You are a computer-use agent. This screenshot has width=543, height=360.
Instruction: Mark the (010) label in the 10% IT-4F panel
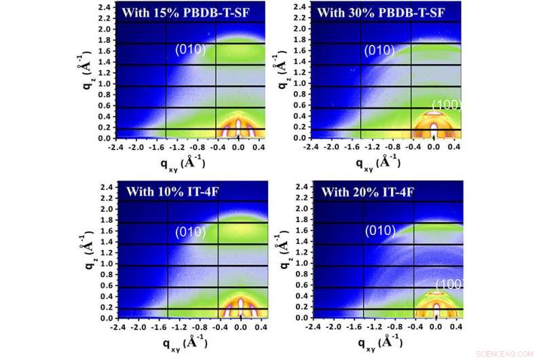tap(189, 232)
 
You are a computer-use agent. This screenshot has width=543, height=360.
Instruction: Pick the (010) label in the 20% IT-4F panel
tap(379, 231)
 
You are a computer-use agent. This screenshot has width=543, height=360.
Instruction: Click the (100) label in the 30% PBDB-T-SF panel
tap(447, 105)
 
